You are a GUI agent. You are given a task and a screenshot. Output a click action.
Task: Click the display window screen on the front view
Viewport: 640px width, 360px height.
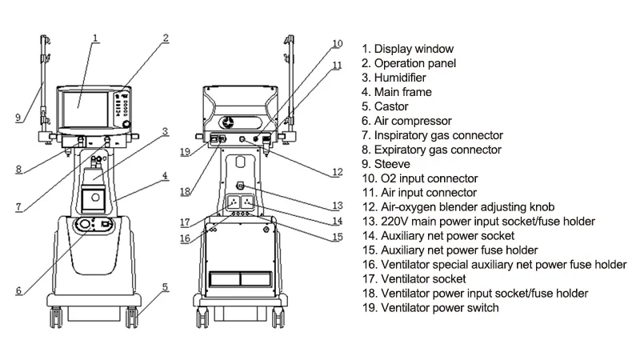85,110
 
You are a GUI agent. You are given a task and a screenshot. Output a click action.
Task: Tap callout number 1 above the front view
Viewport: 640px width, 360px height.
95,38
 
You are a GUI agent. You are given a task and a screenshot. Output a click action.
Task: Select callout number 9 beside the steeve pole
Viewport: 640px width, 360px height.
18,118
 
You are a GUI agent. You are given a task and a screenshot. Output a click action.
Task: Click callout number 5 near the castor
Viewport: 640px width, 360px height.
165,287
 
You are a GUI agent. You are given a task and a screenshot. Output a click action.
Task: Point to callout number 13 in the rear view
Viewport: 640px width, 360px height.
337,206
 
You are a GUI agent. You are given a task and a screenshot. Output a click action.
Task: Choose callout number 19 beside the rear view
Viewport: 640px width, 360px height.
186,152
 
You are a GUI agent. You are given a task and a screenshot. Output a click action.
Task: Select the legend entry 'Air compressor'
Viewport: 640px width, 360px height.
406,121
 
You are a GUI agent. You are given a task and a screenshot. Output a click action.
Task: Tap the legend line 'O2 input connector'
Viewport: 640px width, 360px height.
420,178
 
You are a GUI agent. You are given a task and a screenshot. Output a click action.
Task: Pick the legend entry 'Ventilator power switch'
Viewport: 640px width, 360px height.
430,308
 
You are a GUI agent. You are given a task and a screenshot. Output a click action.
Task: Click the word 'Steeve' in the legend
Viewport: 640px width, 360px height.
392,164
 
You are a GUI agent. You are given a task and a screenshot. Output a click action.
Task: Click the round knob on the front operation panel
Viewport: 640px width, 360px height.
127,124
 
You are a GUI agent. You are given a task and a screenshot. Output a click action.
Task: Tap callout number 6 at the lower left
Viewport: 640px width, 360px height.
18,290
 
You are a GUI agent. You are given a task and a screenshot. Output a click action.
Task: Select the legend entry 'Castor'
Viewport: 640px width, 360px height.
385,106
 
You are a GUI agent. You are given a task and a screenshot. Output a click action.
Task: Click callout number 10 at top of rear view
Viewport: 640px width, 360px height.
337,44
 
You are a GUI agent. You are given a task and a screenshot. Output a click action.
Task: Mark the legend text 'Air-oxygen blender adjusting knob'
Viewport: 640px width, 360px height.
458,207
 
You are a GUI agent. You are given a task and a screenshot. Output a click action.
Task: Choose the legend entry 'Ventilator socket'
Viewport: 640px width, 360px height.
414,278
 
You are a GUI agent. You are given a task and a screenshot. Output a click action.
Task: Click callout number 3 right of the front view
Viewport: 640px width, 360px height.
165,131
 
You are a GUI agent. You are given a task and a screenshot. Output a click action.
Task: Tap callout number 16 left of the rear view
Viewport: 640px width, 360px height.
185,238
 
